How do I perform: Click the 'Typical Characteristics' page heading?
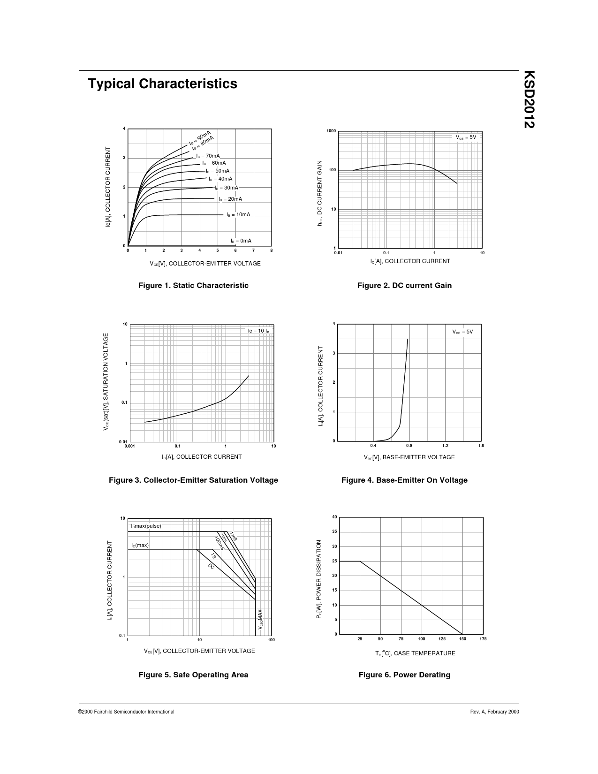(x=162, y=84)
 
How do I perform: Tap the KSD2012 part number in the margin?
(x=529, y=99)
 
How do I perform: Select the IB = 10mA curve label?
(x=238, y=215)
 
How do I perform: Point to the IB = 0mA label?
(x=241, y=241)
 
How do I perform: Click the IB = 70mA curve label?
(x=208, y=156)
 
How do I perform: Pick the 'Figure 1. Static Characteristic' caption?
(x=193, y=286)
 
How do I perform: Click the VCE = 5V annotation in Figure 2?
(x=466, y=137)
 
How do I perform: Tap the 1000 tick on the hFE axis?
(x=331, y=131)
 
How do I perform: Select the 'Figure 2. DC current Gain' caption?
(x=404, y=286)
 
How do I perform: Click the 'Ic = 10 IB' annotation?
(x=258, y=331)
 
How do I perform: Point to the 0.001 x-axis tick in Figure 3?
(x=129, y=446)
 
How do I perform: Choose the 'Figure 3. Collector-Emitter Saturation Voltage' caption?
(x=193, y=480)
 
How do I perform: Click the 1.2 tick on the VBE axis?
(x=445, y=446)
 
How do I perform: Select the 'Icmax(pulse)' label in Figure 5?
(x=146, y=526)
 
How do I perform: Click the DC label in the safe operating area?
(x=211, y=567)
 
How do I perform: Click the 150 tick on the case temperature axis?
(x=462, y=639)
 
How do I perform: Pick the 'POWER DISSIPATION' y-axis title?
(x=319, y=578)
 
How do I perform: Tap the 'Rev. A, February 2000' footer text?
(x=494, y=712)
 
